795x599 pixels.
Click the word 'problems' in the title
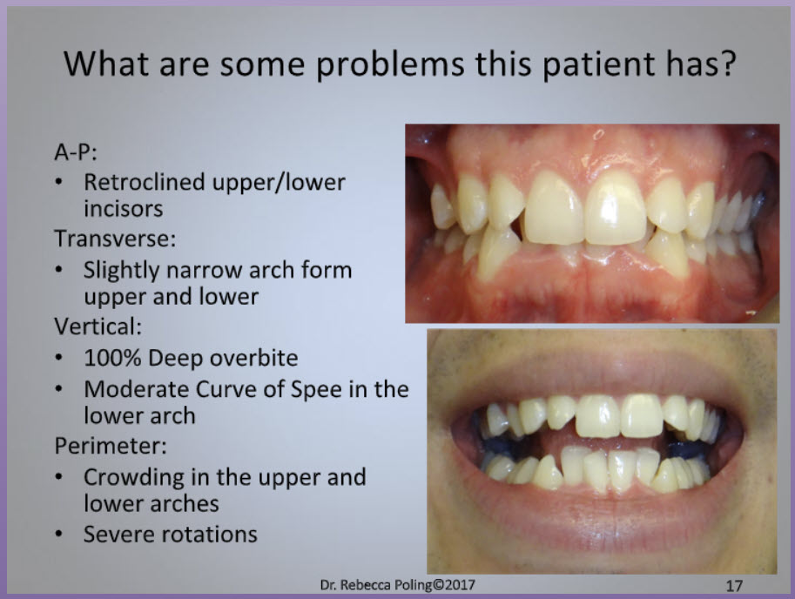[390, 65]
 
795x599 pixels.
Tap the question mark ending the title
[728, 63]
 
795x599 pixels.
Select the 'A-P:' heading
[76, 151]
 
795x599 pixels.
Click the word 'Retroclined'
[144, 183]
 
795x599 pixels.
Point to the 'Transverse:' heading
[115, 239]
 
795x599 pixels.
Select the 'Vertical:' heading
[98, 326]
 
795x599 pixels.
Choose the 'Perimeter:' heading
[111, 446]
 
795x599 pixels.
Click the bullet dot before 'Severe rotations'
[59, 534]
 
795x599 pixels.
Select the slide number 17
[734, 586]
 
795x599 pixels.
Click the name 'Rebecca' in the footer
[361, 585]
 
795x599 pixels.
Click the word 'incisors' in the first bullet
[123, 209]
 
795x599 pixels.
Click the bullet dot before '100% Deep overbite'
[59, 358]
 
